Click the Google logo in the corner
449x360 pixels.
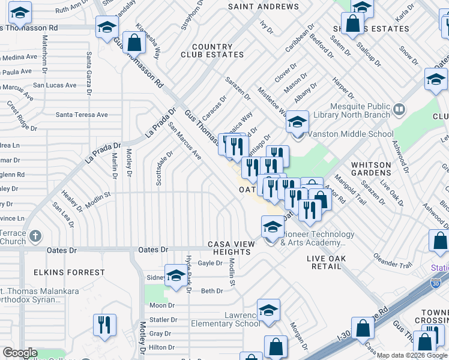19,353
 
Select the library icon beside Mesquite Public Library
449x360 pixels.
400,109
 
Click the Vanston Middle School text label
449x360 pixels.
342,134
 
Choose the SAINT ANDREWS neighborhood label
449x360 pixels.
263,7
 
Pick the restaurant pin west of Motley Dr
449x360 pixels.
104,325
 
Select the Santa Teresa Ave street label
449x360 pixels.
82,115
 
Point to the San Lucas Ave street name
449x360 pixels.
55,85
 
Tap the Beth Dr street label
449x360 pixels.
212,291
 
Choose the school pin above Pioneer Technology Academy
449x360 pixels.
272,227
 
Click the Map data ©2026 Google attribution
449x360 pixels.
412,355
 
